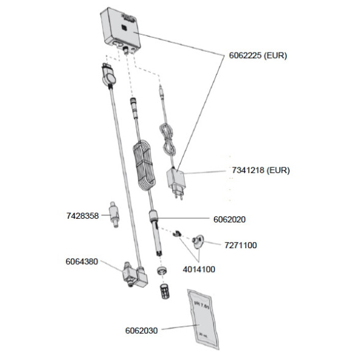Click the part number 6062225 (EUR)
click(257, 56)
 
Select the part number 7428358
click(82, 215)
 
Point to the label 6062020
click(233, 219)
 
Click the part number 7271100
click(240, 245)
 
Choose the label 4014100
click(199, 268)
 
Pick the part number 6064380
click(82, 262)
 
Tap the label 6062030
click(141, 331)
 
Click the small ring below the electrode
click(161, 269)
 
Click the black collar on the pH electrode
click(154, 215)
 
